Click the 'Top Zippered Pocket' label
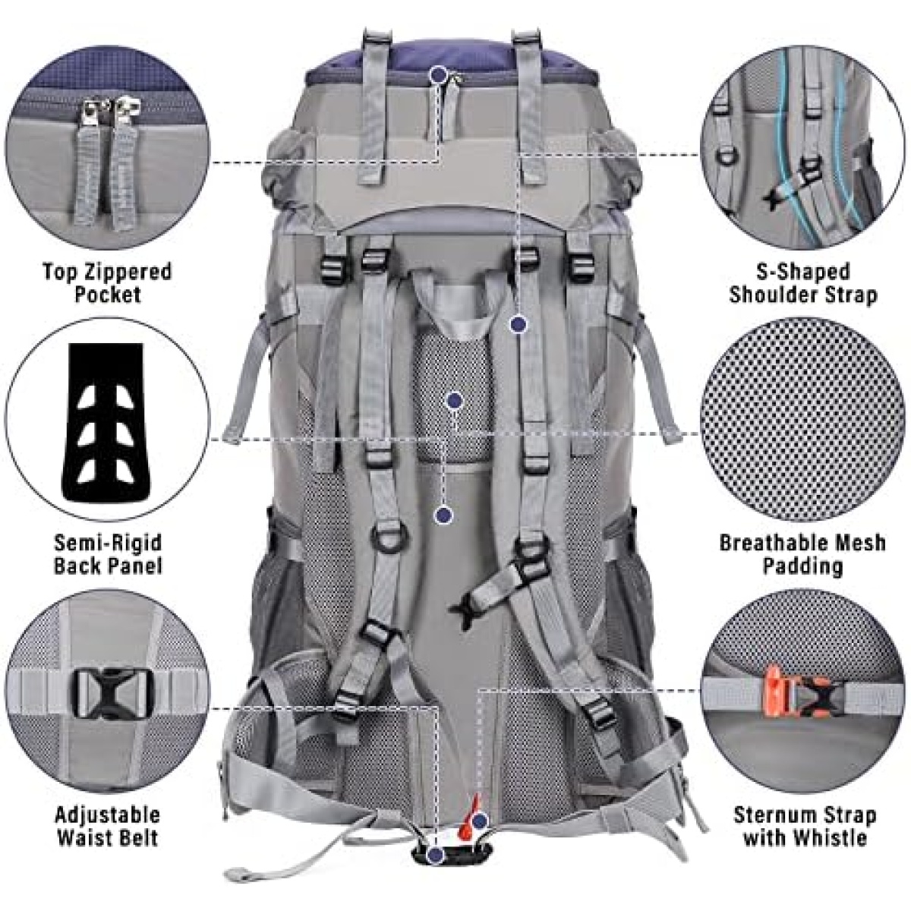pyautogui.click(x=107, y=282)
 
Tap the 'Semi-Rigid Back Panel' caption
pyautogui.click(x=108, y=553)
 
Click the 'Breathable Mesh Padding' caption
pyautogui.click(x=802, y=553)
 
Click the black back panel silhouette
pyautogui.click(x=107, y=424)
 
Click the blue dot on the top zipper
pyautogui.click(x=440, y=74)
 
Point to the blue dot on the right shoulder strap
pyautogui.click(x=518, y=324)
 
